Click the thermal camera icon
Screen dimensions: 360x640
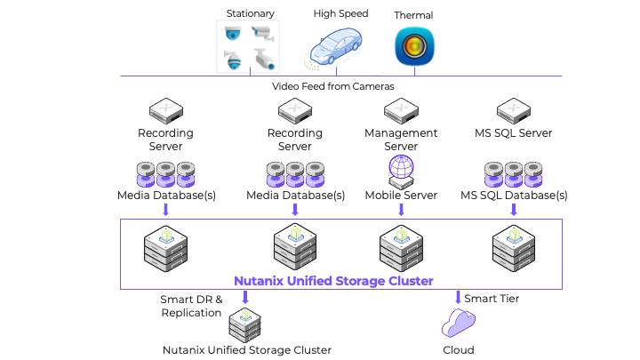point(413,47)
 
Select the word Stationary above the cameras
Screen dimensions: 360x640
point(250,13)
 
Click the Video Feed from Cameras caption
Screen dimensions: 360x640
point(332,86)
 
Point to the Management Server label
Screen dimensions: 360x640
point(401,140)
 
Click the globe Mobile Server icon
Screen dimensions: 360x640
point(401,171)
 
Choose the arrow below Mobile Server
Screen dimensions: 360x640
point(401,210)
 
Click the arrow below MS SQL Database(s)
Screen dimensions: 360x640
point(514,210)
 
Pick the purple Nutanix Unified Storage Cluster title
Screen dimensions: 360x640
point(333,281)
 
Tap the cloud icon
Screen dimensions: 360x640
point(459,324)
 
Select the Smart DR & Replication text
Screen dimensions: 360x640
point(190,306)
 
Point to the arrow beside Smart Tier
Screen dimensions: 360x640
point(458,298)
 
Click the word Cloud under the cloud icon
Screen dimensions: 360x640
point(458,350)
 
